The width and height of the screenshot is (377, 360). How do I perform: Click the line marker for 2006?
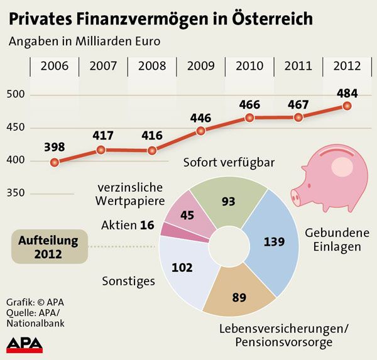coord(55,162)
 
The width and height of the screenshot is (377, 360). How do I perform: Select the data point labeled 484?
coord(346,106)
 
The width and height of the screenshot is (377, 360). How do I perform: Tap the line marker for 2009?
coord(200,131)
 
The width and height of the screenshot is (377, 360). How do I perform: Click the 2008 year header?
coord(152,66)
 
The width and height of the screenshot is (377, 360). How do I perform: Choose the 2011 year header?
coord(298,66)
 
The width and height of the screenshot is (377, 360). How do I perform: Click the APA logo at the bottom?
coord(25,344)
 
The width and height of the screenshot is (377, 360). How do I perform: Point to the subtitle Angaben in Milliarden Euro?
coord(84,42)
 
